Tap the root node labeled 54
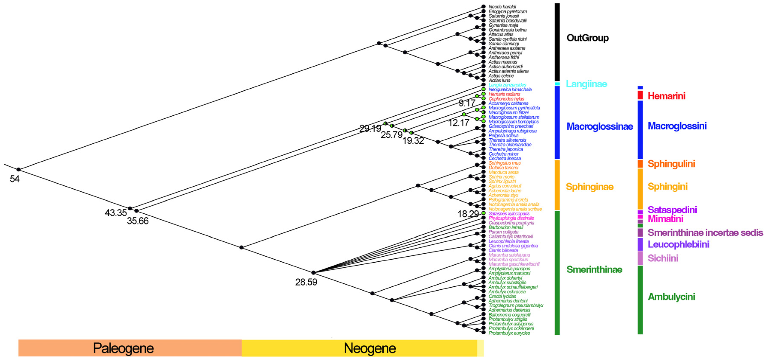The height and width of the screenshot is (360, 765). (18, 170)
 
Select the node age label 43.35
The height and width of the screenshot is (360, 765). (115, 213)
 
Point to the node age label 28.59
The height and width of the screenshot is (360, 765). (306, 282)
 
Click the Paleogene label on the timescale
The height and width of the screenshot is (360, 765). (123, 348)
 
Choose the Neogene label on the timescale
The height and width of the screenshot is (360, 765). (370, 348)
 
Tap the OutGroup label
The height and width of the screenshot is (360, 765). (587, 38)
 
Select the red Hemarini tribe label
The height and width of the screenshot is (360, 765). (666, 96)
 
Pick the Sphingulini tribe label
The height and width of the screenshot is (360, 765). (671, 164)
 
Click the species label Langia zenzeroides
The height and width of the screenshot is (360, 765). (507, 85)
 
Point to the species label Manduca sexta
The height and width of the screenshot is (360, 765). (503, 172)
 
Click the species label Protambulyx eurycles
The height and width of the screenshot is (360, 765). (509, 333)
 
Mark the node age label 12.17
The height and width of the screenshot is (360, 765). (458, 123)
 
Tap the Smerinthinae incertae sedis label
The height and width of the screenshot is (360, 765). (705, 232)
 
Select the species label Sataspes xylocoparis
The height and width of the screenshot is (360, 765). (509, 214)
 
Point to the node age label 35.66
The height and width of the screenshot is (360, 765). (138, 221)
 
